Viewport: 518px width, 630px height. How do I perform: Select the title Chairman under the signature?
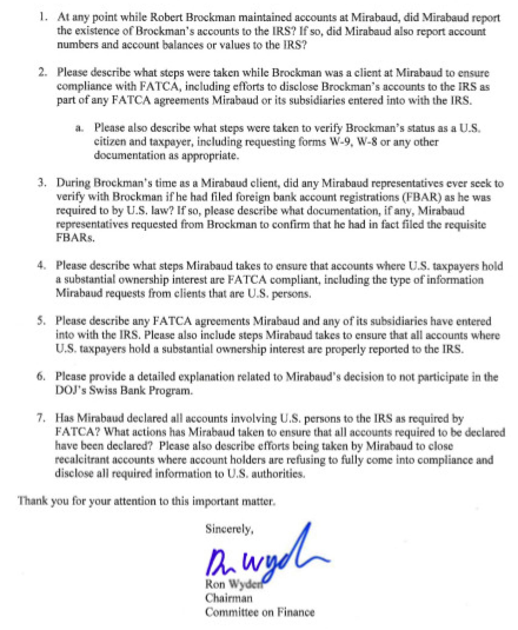pyautogui.click(x=229, y=598)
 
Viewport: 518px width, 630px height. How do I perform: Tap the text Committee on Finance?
pyautogui.click(x=260, y=611)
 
